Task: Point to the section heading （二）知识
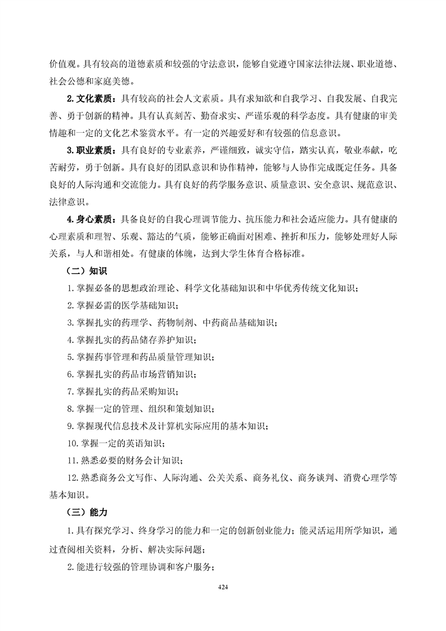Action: [x=82, y=271]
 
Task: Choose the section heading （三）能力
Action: [x=82, y=512]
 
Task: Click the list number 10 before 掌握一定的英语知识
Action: [x=72, y=443]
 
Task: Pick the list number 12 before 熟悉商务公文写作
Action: [x=72, y=478]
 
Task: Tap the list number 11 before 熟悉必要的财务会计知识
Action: [x=72, y=461]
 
